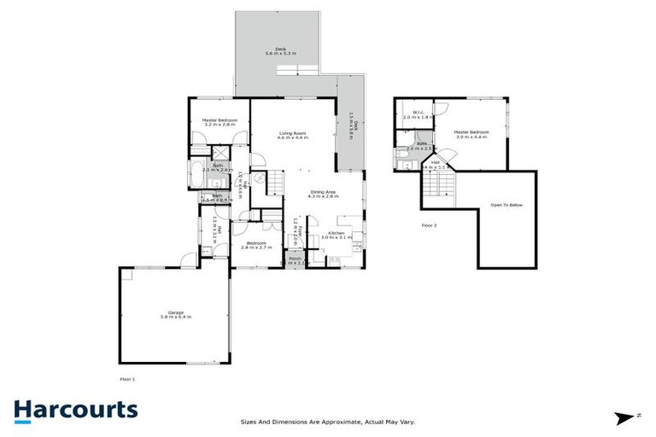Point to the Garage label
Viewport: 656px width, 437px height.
(x=176, y=312)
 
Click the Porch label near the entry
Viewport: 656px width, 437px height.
(x=295, y=258)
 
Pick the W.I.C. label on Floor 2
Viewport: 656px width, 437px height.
(x=419, y=113)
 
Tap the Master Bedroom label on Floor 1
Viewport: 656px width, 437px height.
(x=220, y=120)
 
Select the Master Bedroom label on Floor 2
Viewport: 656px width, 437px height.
(x=471, y=131)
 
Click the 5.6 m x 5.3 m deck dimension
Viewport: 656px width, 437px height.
(x=280, y=54)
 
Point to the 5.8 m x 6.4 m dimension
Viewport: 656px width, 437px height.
(x=176, y=318)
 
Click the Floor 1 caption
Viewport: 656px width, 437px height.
(x=127, y=378)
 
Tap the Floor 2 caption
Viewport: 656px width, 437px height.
(x=429, y=225)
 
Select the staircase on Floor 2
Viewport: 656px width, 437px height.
(x=442, y=184)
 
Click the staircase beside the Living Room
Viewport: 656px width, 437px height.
(x=275, y=182)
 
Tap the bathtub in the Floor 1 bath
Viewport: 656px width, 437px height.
(x=195, y=172)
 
